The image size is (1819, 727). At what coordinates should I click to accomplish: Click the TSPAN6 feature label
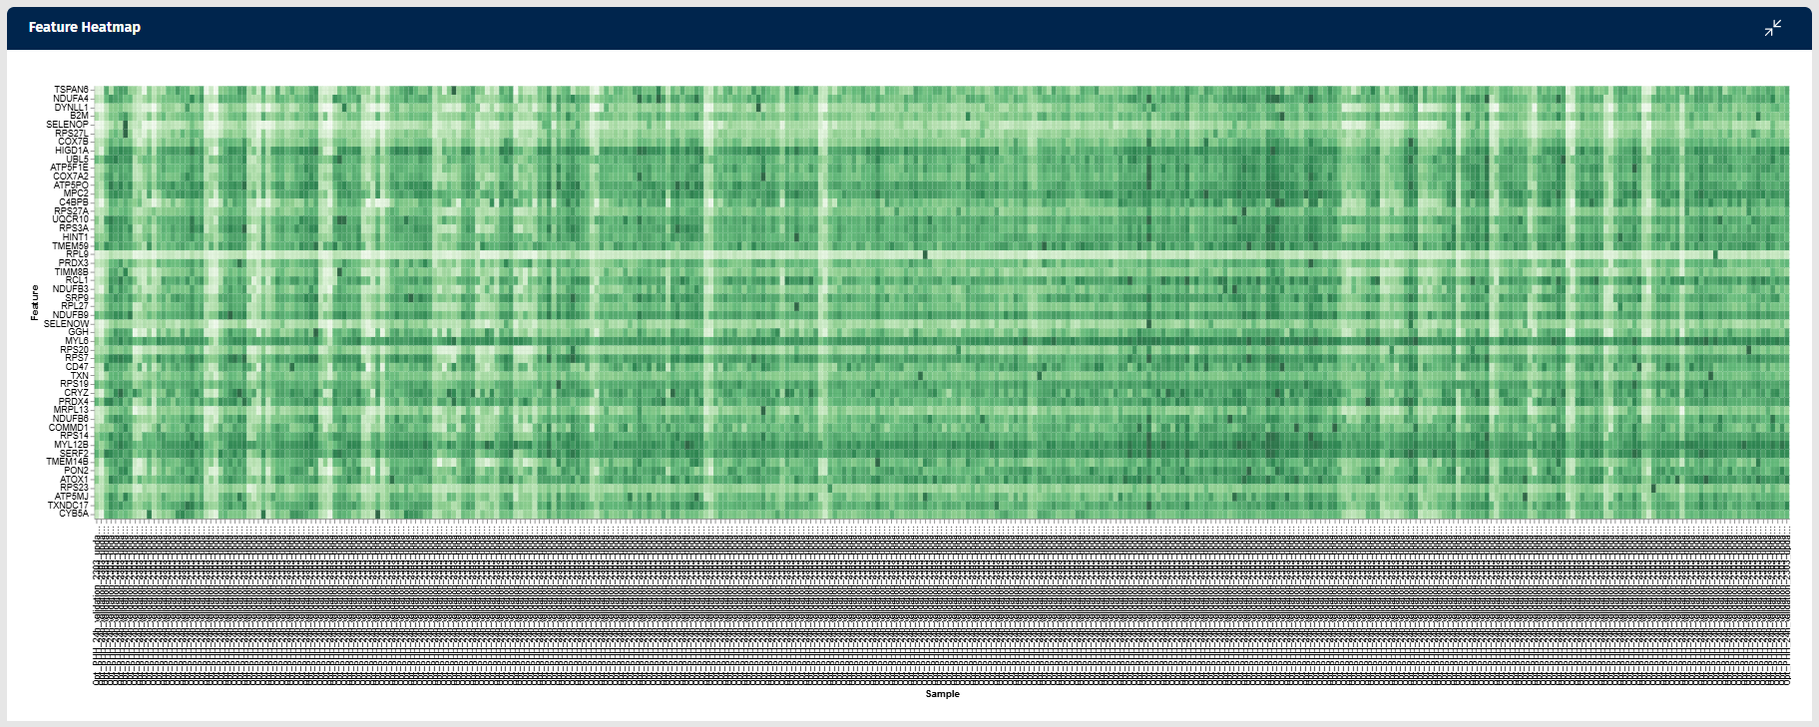[71, 90]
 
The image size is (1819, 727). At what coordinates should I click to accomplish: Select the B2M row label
[79, 116]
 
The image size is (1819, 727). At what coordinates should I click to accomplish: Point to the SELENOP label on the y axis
[67, 125]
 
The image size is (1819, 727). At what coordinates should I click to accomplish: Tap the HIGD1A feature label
[72, 151]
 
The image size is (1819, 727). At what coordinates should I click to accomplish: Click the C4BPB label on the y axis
[74, 202]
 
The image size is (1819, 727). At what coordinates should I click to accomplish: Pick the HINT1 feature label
[75, 237]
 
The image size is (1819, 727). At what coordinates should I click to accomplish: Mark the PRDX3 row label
[73, 263]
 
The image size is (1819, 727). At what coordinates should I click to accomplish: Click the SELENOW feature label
[66, 324]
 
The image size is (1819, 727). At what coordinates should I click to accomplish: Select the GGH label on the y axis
[78, 332]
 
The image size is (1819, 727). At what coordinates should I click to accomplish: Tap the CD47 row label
[77, 367]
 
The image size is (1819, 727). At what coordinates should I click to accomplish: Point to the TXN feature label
[79, 376]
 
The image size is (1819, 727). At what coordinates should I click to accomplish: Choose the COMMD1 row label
[68, 428]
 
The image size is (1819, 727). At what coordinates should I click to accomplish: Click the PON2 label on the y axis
[76, 471]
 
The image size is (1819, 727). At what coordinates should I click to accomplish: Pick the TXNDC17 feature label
[68, 506]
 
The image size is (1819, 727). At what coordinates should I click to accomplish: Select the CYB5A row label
[73, 514]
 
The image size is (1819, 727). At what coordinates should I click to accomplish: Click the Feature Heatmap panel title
[85, 28]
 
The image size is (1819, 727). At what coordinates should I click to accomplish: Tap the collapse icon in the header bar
[1772, 28]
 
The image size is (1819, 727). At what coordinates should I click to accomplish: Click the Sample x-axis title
[942, 694]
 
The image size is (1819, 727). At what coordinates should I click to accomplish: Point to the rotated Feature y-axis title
[35, 302]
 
